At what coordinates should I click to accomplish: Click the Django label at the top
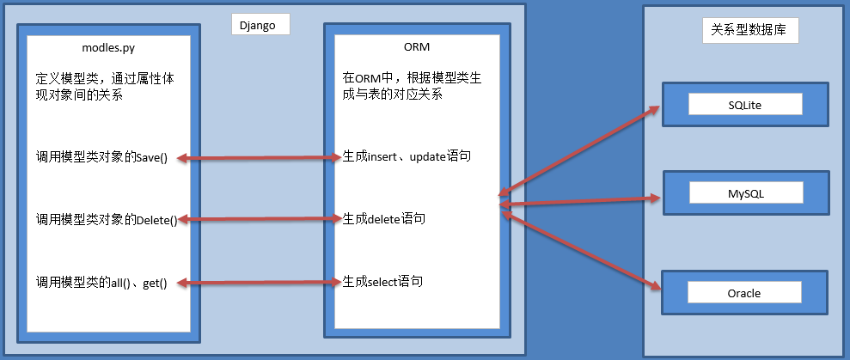tap(260, 24)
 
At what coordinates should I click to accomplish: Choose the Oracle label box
tap(744, 293)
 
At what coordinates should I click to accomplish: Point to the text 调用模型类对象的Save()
tap(101, 157)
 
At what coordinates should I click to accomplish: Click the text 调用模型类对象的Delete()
tap(107, 220)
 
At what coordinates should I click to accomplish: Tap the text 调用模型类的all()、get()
tap(101, 282)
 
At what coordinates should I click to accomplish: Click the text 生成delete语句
tap(383, 219)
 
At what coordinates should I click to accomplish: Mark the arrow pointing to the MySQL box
tap(580, 202)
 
